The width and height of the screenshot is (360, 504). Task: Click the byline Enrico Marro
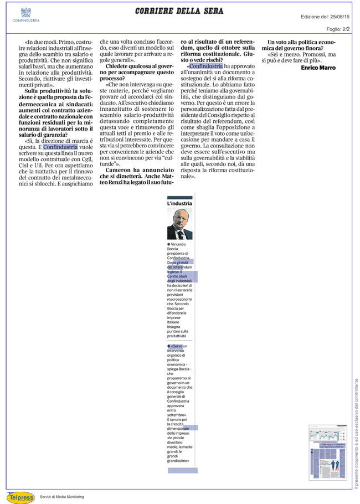318,68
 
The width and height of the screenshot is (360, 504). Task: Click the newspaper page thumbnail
327,452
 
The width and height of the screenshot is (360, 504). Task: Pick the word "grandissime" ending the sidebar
179,460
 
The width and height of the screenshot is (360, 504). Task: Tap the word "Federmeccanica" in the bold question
44,104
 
